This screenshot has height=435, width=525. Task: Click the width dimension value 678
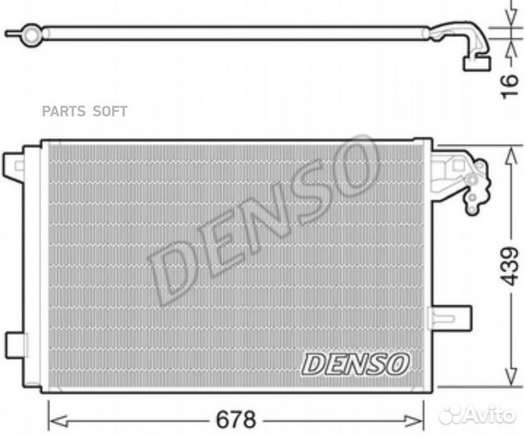(x=236, y=419)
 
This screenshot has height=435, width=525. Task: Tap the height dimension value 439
(x=509, y=266)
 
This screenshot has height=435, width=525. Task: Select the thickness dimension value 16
(x=510, y=86)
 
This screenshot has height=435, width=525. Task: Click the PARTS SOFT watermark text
(x=85, y=111)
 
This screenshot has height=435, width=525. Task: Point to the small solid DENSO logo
(x=355, y=364)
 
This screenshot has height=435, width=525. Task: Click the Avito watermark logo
(x=477, y=415)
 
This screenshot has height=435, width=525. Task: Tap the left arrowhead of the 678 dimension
(x=58, y=420)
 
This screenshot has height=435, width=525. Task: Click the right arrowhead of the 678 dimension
(x=415, y=420)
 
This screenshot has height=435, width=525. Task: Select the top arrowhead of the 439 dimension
(x=511, y=157)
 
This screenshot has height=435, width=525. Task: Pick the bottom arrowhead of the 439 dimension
(x=511, y=376)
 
